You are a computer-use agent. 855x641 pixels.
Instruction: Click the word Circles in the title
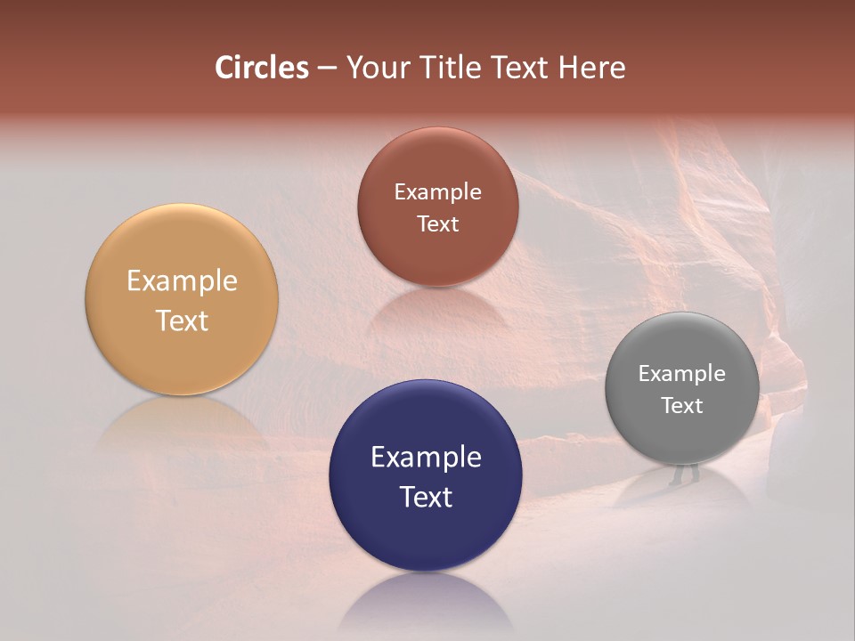[x=261, y=68]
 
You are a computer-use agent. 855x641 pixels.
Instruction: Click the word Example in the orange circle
[x=182, y=281]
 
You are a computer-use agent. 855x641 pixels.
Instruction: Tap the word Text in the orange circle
[x=182, y=320]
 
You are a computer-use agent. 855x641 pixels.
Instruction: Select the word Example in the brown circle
[x=437, y=192]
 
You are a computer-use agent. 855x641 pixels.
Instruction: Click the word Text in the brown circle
[x=437, y=223]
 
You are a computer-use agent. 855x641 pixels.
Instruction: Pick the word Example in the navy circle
[x=426, y=458]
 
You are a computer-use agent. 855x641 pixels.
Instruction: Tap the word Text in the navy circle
[x=426, y=497]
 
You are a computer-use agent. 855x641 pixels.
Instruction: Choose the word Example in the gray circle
[x=681, y=374]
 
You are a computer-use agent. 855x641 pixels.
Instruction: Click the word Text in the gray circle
[x=681, y=406]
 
